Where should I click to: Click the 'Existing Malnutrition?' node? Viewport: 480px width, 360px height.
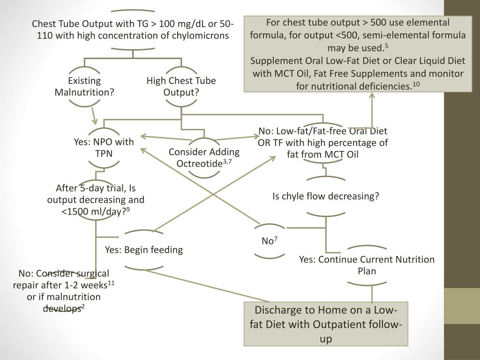coord(84,86)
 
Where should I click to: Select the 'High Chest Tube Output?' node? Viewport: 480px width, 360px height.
coord(181,86)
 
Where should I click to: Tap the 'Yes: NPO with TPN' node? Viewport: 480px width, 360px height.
coord(104,148)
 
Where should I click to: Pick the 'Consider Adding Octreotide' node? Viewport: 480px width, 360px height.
coord(204,157)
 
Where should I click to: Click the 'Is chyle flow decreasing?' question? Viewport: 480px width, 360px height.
coord(326,196)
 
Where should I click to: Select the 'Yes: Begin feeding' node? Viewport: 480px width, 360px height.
coord(144,250)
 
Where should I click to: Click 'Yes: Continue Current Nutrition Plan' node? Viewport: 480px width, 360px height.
coord(367,265)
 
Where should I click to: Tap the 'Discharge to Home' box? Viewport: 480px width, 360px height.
coord(326,324)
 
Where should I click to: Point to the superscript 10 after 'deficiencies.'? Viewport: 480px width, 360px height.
coord(416,84)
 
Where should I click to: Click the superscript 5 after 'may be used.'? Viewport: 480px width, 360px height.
coord(386,45)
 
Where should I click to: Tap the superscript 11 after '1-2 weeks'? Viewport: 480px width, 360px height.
coord(111,283)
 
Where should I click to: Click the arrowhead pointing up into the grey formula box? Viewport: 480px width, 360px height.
coord(372,96)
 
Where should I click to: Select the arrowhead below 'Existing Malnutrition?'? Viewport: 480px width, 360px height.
coord(95,121)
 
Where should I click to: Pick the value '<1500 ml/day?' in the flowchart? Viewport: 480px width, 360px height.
coord(95,211)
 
